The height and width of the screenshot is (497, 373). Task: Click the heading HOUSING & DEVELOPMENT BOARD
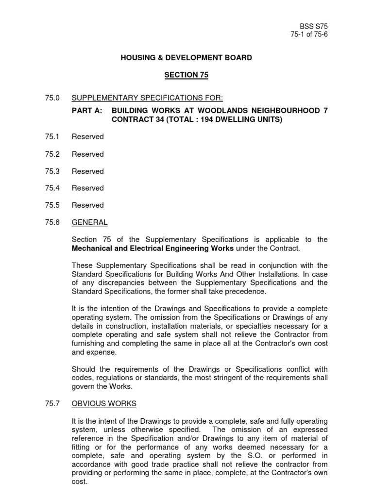point(186,58)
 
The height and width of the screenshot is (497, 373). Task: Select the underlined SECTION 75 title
point(186,75)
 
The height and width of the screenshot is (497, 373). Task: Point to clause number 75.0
point(51,99)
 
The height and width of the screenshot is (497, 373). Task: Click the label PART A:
point(87,111)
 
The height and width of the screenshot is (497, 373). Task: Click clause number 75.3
point(51,171)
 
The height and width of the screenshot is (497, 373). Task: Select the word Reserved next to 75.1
point(87,137)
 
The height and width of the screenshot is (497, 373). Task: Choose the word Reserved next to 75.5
point(87,205)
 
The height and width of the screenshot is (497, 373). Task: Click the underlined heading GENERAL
point(89,222)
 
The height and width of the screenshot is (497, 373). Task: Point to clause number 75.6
point(51,222)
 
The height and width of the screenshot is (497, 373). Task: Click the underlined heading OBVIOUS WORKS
point(104,404)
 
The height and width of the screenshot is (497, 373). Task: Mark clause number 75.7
point(51,404)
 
